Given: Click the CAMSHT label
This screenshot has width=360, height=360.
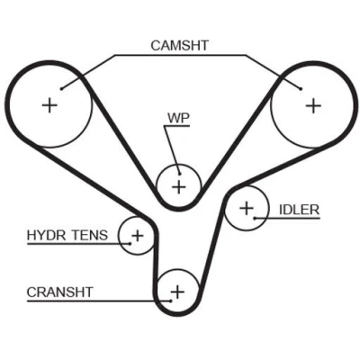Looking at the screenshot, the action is (179, 46).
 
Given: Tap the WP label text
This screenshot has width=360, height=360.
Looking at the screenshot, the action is (178, 118).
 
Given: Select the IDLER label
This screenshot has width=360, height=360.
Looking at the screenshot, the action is (299, 210).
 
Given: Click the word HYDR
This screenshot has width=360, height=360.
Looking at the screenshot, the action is (46, 235).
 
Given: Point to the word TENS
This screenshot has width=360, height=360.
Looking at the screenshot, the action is (89, 235).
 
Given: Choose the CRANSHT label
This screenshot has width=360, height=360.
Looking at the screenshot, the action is (60, 292).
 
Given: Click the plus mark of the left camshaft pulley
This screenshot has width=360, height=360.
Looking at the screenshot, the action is (49, 105).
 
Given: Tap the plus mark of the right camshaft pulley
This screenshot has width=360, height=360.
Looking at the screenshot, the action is (313, 105).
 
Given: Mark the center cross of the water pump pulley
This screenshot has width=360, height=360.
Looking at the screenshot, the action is (179, 187).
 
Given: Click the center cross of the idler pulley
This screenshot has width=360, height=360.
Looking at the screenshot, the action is (247, 208).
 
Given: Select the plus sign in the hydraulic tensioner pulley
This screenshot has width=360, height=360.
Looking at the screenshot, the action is (138, 236).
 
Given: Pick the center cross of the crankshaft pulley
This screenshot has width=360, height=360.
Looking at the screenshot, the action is (177, 292).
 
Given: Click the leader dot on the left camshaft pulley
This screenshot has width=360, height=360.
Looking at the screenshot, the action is (61, 88).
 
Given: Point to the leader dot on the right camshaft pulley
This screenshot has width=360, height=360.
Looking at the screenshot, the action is (301, 88).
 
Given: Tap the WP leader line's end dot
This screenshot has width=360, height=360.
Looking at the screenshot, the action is (180, 174).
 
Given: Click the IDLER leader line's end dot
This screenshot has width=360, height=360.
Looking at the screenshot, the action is (255, 218).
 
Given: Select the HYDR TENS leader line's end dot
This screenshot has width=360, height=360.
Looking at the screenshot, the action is (130, 244).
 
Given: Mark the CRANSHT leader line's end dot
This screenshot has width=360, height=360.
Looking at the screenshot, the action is (171, 301).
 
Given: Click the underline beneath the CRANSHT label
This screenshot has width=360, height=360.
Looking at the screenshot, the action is (99, 301).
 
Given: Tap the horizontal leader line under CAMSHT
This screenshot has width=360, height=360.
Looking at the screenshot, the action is (180, 55).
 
